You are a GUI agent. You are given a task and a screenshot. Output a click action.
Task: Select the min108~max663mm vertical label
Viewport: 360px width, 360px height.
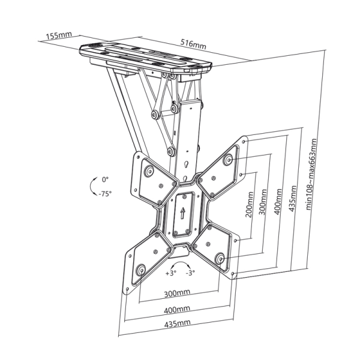click(310, 175)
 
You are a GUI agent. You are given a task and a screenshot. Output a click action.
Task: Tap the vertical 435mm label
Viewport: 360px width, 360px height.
click(293, 196)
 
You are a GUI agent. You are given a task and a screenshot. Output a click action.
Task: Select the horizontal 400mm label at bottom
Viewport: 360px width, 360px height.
click(178, 309)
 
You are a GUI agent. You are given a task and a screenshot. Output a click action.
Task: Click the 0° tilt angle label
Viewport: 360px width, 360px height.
click(105, 179)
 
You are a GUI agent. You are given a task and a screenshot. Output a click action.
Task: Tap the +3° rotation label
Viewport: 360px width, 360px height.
click(170, 273)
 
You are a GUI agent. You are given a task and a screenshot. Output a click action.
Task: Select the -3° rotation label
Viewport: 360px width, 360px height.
click(191, 273)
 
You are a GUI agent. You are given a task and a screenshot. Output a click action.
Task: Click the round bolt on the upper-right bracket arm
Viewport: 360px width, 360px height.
click(227, 160)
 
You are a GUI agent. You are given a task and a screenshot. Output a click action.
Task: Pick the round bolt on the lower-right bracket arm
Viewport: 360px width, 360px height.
click(220, 259)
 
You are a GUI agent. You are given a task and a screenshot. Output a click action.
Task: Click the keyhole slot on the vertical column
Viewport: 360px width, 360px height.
click(186, 162)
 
